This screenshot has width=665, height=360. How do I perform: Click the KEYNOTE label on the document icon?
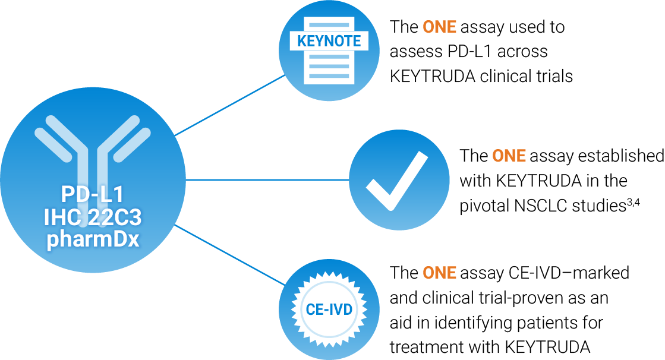point(329,42)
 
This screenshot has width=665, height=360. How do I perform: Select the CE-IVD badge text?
point(329,310)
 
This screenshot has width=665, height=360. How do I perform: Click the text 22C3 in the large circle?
point(116,218)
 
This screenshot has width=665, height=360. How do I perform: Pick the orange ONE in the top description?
point(439,27)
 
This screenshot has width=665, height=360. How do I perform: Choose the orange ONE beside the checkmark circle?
point(509,156)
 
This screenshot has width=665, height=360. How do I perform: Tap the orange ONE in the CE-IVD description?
point(439,273)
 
